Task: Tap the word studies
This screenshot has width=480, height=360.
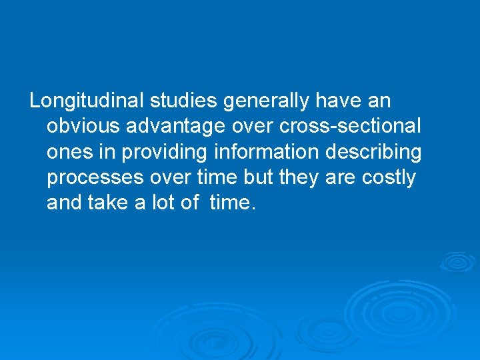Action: click(x=183, y=101)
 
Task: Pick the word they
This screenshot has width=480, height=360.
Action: click(x=304, y=178)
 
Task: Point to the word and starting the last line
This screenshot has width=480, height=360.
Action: click(x=64, y=203)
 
